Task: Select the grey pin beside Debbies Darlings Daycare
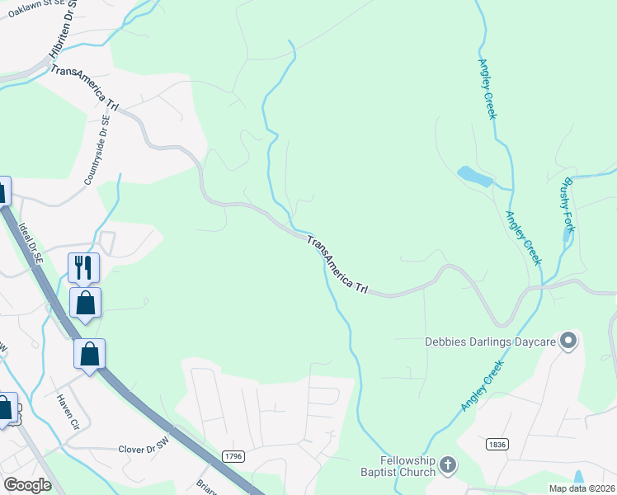(x=568, y=340)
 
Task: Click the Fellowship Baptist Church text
(x=407, y=466)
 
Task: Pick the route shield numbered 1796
(x=233, y=455)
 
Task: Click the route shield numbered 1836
(x=497, y=444)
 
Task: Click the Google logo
(x=28, y=484)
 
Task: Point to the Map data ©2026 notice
(x=582, y=488)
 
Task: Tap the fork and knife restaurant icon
(x=83, y=267)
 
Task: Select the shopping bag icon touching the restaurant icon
(x=86, y=302)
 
